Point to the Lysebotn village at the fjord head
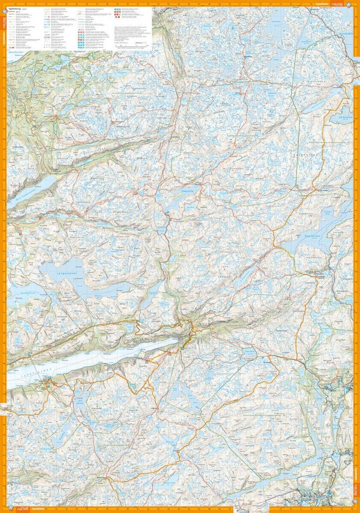(185, 340)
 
